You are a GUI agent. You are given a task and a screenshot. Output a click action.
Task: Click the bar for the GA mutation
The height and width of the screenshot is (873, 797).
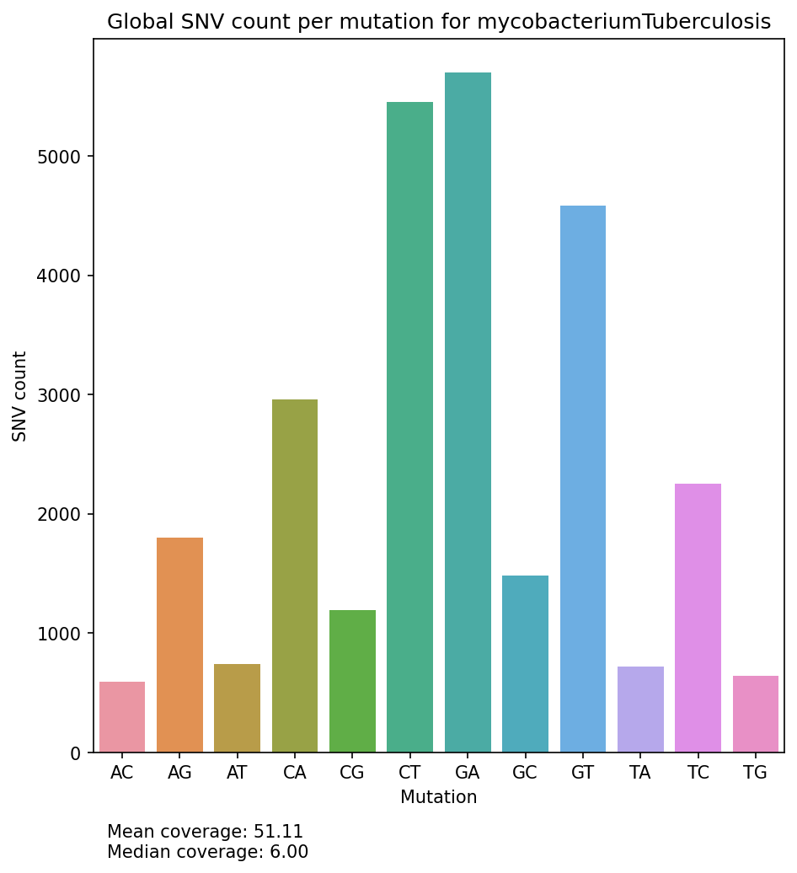468,413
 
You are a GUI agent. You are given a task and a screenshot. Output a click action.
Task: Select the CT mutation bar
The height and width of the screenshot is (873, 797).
409,427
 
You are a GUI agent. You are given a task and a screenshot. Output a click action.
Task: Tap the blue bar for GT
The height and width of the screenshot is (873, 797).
582,479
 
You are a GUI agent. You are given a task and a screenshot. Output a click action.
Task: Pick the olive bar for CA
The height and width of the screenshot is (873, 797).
295,576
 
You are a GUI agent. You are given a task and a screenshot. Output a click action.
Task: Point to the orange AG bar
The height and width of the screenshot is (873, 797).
179,645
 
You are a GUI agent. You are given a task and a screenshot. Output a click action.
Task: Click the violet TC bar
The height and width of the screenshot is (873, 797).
698,618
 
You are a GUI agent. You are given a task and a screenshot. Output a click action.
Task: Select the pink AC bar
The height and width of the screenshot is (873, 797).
122,717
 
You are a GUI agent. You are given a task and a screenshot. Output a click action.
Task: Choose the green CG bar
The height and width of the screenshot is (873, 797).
352,681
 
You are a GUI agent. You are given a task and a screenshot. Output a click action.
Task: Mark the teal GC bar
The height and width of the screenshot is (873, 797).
525,664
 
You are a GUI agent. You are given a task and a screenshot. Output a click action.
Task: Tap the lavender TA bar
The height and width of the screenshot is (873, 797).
640,710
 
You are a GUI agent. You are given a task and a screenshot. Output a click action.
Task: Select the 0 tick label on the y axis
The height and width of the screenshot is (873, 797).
75,752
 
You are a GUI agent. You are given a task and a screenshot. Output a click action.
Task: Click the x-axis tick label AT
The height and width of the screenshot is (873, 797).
237,774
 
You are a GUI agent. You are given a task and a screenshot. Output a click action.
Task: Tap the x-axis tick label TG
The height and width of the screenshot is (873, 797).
755,774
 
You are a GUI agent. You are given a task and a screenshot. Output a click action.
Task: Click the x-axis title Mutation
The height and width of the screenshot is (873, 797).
438,797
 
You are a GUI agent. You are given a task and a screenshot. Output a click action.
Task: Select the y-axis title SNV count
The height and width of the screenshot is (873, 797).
20,396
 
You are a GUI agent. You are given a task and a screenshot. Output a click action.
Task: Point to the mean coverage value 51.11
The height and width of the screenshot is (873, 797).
278,832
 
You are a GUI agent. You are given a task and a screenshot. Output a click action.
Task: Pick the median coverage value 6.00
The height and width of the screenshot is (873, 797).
289,852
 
